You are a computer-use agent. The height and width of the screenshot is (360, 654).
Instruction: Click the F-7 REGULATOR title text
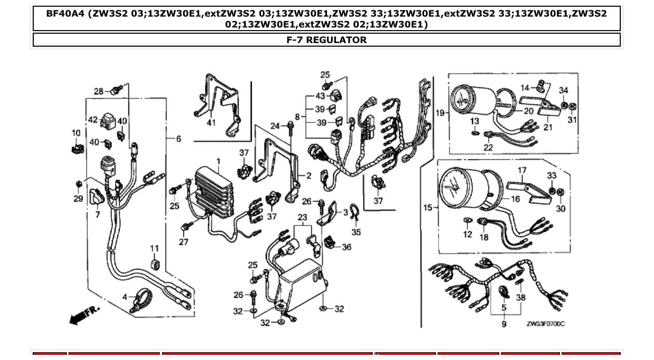[326, 40]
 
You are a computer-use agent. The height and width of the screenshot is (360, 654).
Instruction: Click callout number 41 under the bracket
[211, 123]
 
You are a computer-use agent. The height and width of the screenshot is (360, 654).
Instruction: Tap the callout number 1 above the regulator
[219, 161]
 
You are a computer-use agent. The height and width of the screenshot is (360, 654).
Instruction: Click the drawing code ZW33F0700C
[545, 324]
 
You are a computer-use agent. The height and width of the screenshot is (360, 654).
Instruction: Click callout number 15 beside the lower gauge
[428, 208]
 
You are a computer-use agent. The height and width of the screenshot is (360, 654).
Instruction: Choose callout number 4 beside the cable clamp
[125, 297]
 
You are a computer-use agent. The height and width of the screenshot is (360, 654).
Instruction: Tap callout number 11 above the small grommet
[155, 248]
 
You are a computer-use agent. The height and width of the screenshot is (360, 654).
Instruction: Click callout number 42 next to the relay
[93, 120]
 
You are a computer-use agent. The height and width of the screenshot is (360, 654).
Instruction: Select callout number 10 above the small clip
[76, 133]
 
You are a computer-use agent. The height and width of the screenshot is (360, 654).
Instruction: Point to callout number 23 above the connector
[303, 217]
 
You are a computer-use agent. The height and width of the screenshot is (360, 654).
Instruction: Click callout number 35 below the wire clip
[356, 232]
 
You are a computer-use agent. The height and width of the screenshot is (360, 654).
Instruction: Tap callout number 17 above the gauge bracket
[522, 170]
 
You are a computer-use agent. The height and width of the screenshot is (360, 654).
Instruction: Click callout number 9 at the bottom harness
[503, 324]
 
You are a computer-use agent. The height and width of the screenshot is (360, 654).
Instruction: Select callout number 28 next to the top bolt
[99, 91]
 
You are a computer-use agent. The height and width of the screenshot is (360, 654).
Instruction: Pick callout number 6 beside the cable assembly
[179, 139]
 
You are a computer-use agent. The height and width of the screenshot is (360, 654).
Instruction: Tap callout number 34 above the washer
[564, 91]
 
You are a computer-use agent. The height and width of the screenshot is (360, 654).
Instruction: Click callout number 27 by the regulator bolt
[184, 242]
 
